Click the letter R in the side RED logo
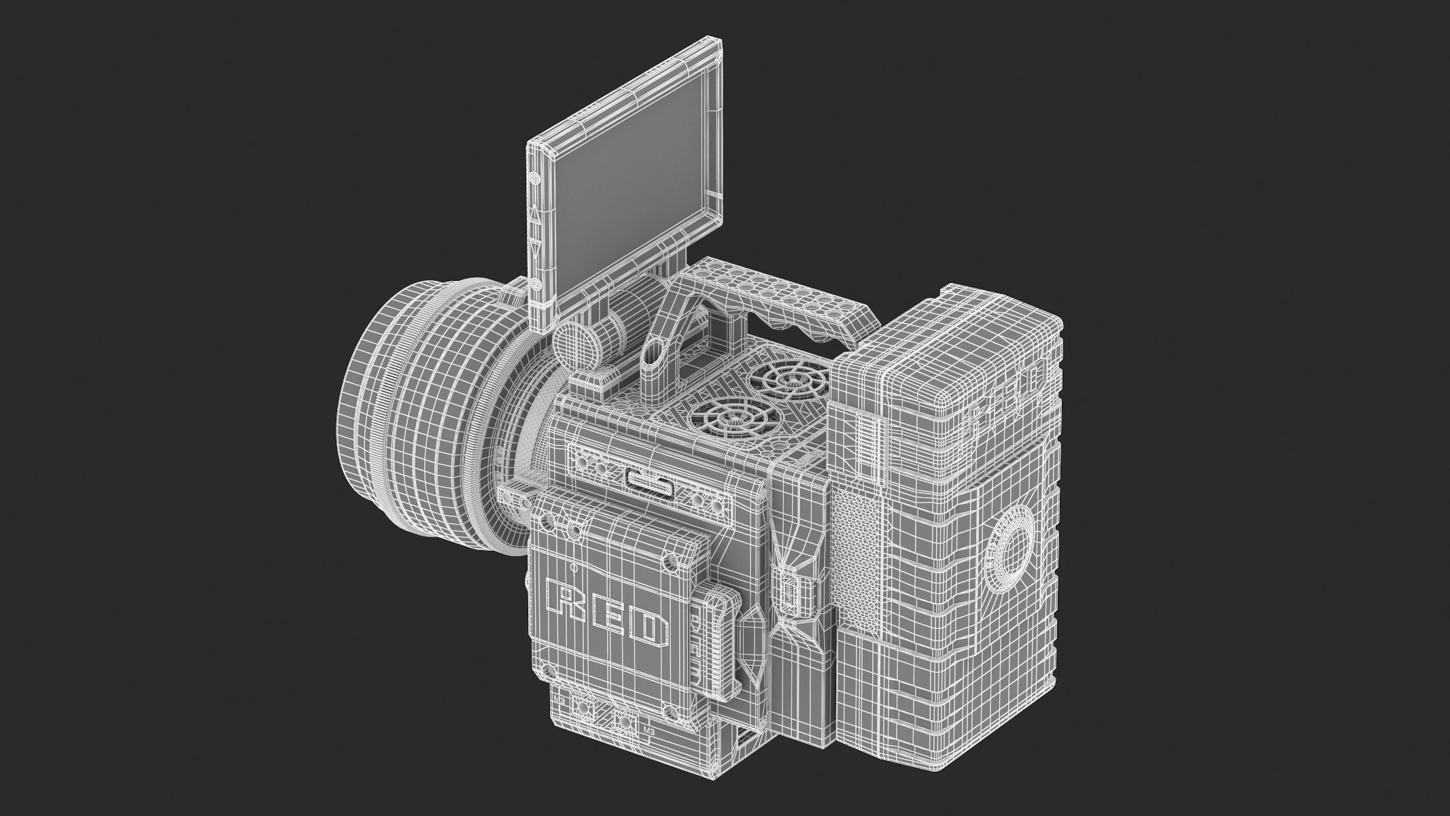[564, 598]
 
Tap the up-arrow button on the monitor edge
[535, 217]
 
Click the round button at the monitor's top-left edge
[534, 177]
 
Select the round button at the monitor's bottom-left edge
[536, 284]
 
